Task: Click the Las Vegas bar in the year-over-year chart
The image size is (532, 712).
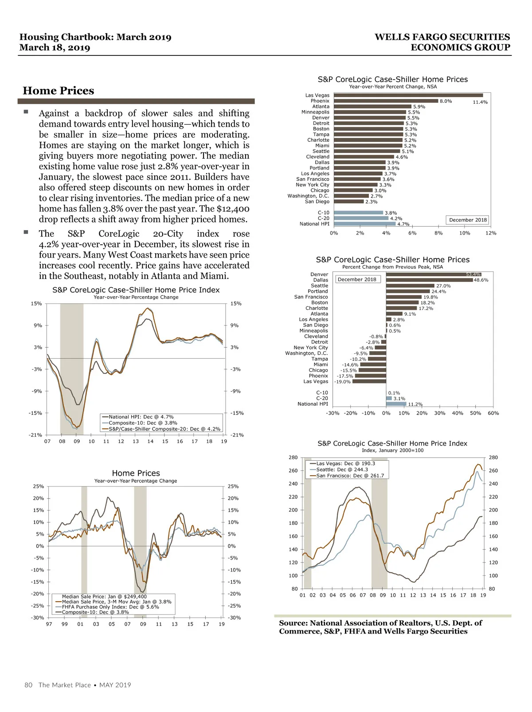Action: point(408,95)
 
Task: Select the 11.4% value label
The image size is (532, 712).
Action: point(480,102)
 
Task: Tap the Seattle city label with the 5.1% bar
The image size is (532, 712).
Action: point(321,151)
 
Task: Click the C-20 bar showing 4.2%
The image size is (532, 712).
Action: point(361,218)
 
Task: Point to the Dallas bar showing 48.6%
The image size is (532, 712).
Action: point(429,280)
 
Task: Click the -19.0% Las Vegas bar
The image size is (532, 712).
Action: point(369,381)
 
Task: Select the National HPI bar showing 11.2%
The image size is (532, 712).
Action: point(396,404)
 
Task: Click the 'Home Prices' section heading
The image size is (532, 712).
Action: point(59,91)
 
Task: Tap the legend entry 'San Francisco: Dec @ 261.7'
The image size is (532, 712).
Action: point(350,476)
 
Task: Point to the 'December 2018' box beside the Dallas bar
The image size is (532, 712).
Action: point(357,280)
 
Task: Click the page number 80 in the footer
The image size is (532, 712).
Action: point(28,685)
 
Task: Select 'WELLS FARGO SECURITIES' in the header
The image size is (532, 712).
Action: point(442,37)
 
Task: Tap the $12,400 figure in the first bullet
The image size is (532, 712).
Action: point(233,209)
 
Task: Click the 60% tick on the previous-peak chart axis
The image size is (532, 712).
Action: point(493,413)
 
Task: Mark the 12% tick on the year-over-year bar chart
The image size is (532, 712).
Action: point(491,233)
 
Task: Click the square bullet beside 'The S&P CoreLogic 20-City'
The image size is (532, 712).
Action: point(26,232)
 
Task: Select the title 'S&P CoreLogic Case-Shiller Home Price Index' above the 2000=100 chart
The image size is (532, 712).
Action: point(392,443)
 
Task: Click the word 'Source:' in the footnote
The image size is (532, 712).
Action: point(293,623)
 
